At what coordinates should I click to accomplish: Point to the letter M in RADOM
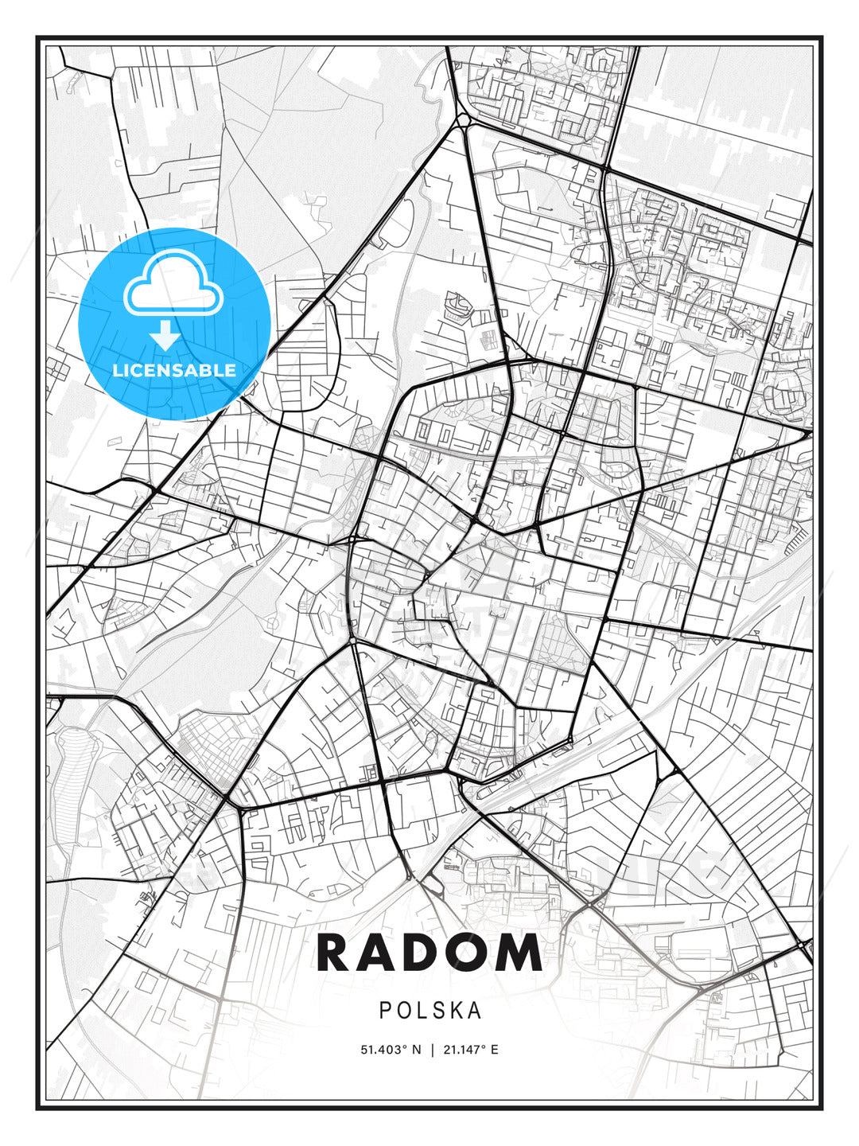coord(520,953)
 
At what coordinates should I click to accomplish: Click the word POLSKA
coord(430,1010)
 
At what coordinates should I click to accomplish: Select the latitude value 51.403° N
coord(391,1050)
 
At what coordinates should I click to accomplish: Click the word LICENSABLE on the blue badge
coord(174,370)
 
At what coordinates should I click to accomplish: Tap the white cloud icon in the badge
coord(172,284)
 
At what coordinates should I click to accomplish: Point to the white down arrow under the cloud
coord(165,336)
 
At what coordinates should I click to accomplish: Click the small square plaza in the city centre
coord(521,477)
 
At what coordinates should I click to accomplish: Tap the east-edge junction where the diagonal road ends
coord(809,434)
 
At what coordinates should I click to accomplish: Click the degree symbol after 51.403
coord(400,1047)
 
